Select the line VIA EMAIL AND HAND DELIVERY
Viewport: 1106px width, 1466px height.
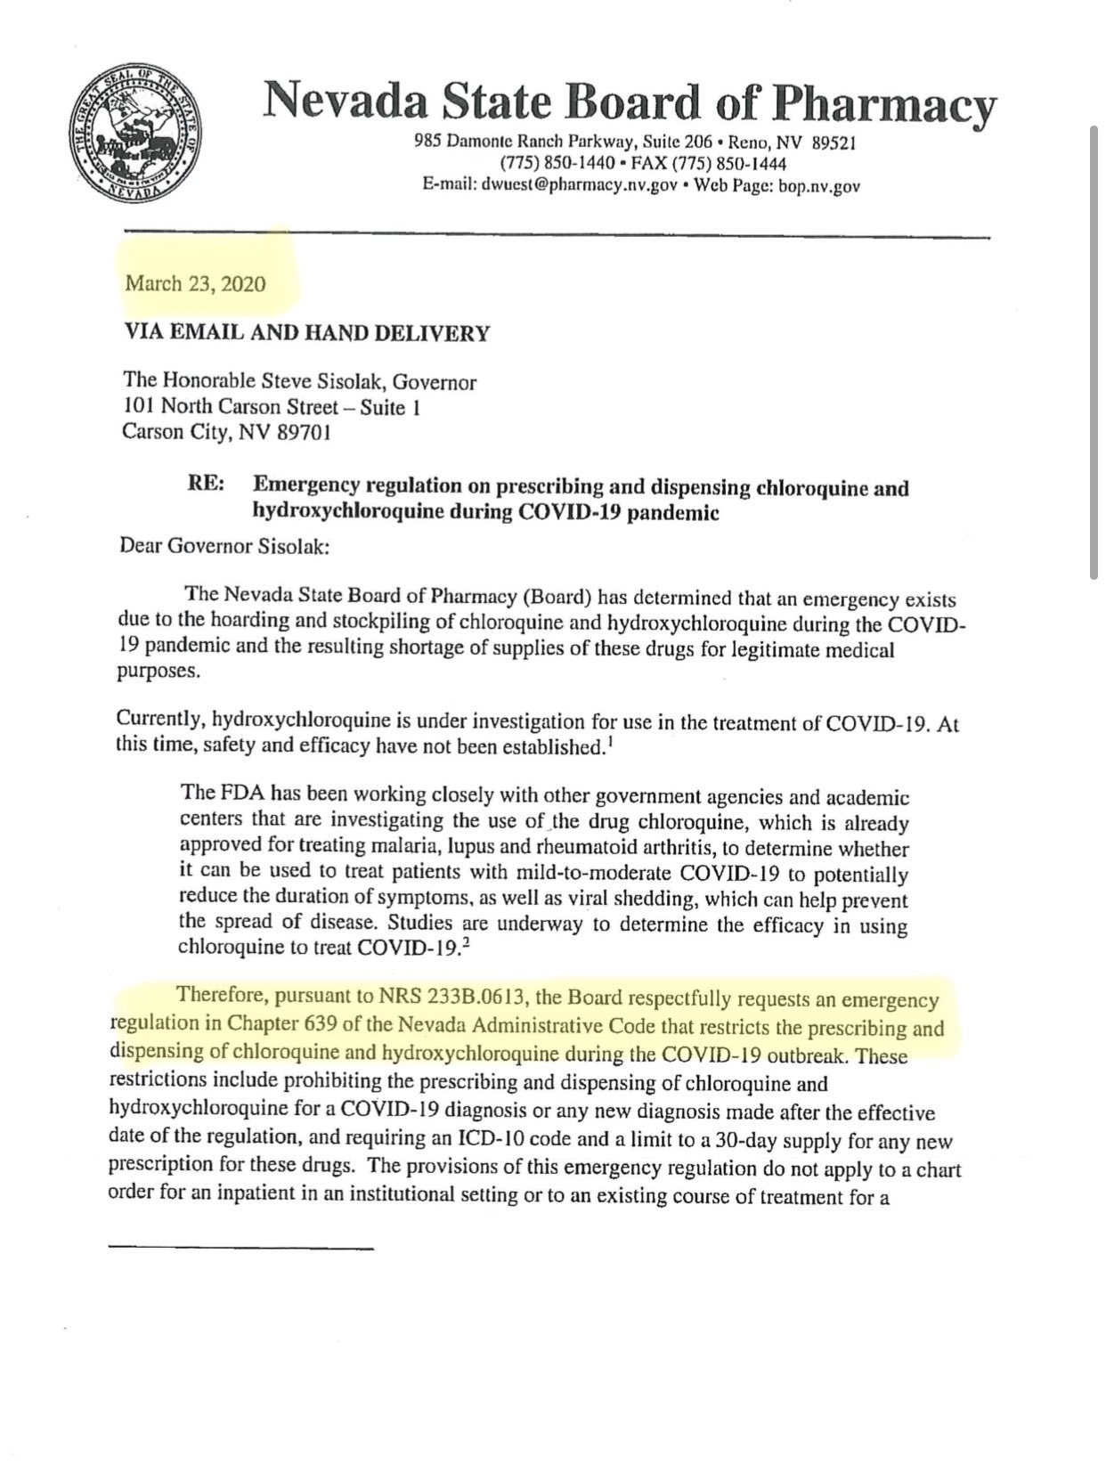click(x=306, y=334)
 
